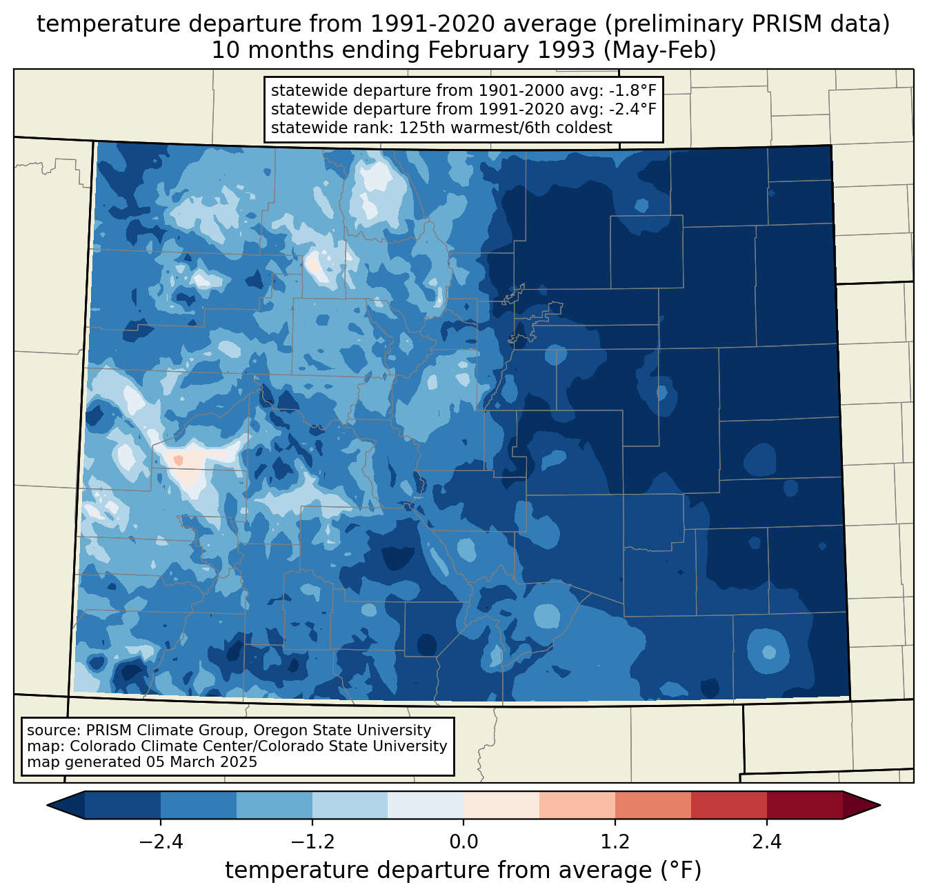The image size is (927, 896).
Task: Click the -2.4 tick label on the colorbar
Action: (160, 842)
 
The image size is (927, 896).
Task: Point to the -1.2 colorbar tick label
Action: (312, 842)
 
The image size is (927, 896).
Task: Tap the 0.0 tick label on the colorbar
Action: (464, 842)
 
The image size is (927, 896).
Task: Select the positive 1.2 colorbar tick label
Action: (615, 842)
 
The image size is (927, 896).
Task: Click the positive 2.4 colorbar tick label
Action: (766, 842)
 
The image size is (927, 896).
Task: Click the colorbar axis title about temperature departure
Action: (464, 870)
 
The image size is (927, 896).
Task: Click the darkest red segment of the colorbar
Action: (804, 805)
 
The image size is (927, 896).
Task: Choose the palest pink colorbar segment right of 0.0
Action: (501, 805)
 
